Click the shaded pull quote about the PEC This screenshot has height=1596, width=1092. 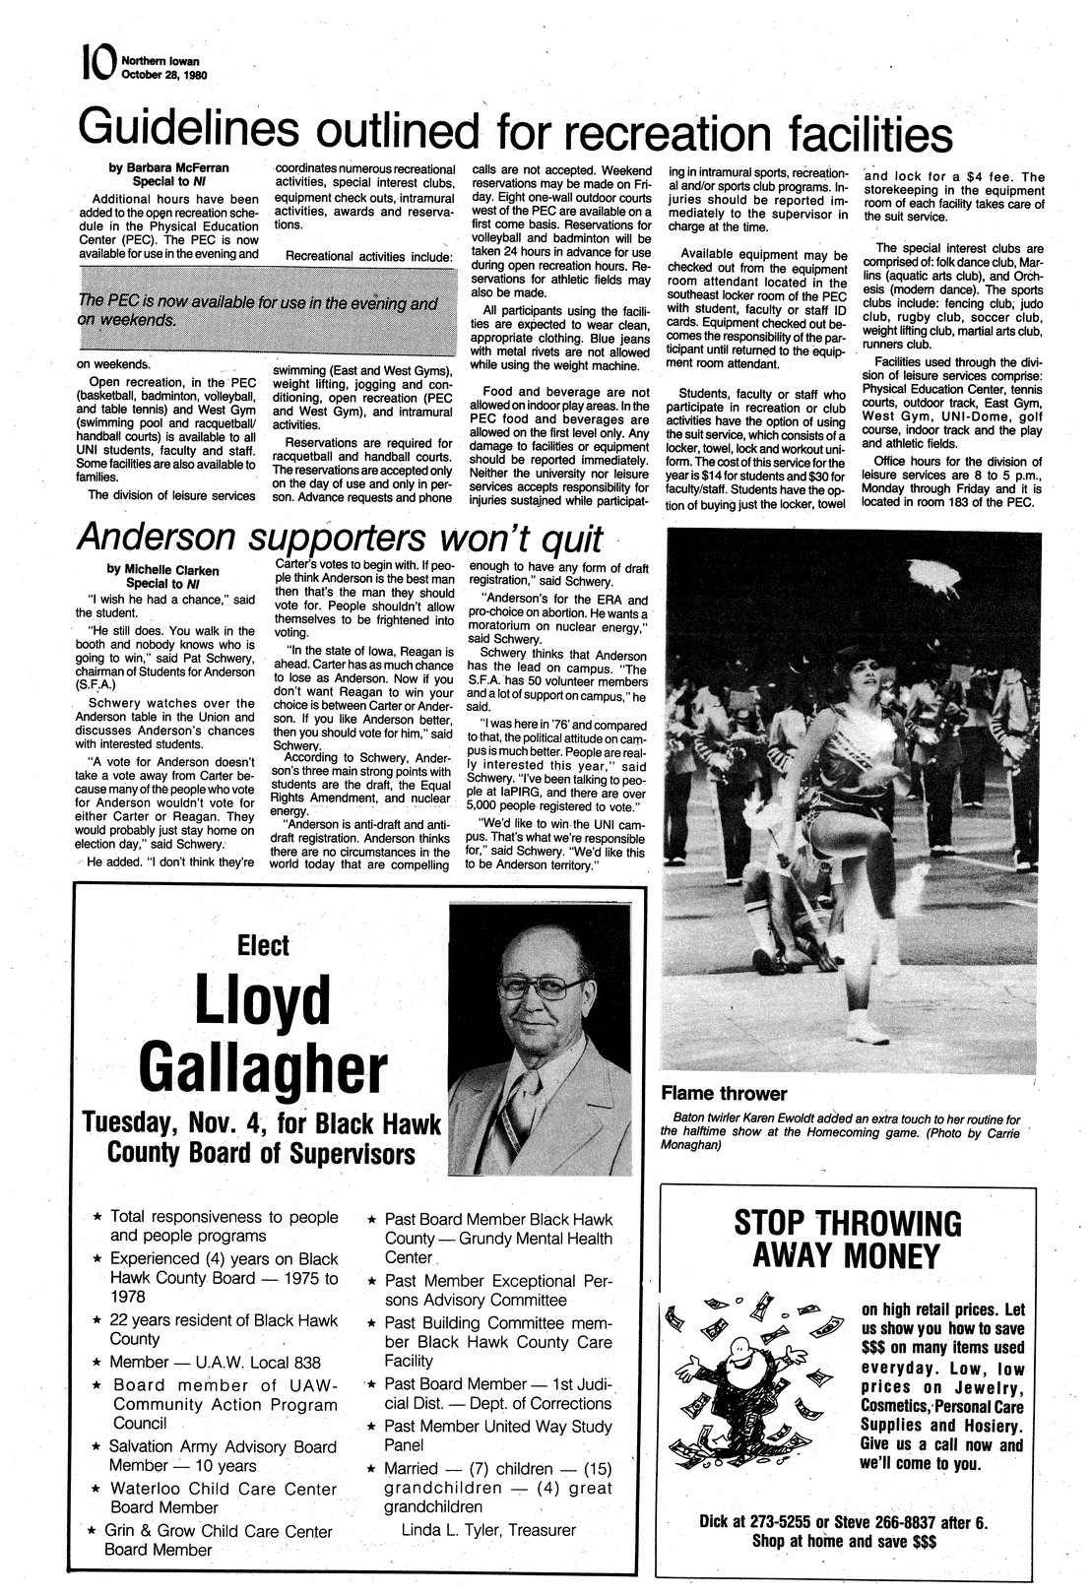pyautogui.click(x=257, y=312)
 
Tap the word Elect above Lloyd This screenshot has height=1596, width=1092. pyautogui.click(x=264, y=945)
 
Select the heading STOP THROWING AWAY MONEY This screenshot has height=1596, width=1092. pyautogui.click(x=848, y=1240)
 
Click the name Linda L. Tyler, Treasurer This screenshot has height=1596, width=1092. pyautogui.click(x=487, y=1529)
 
